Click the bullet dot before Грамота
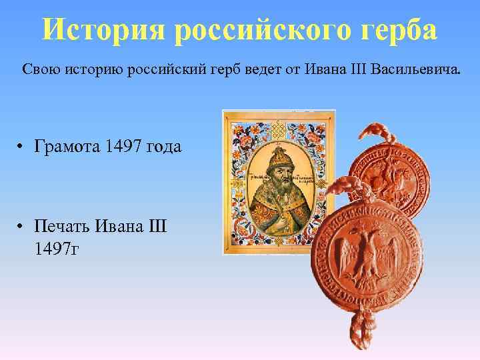[22, 147]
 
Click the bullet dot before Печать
[22, 227]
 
